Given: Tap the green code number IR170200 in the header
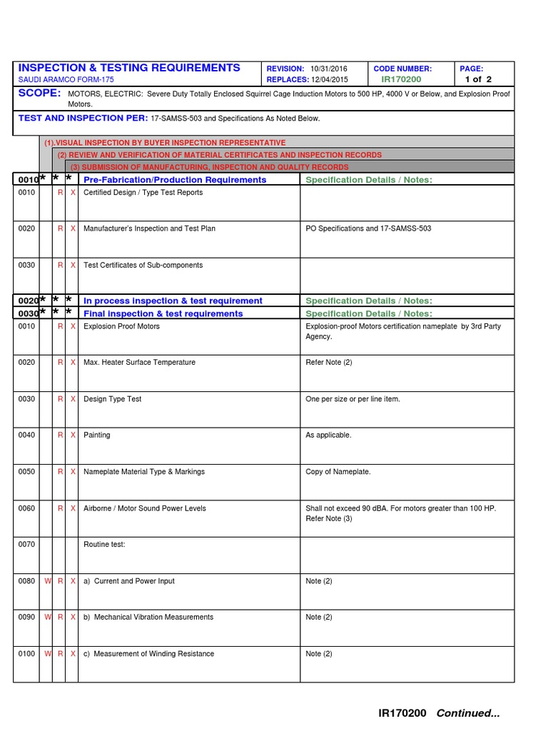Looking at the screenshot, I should (401, 80).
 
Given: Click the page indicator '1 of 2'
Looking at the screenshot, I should (477, 80).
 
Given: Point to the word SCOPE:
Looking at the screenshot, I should (39, 94).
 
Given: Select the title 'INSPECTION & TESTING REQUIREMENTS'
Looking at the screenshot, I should (129, 68).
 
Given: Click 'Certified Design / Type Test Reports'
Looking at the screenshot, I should (143, 193).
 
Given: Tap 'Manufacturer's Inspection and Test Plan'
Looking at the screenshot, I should (149, 228).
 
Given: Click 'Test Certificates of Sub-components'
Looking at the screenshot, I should (143, 265).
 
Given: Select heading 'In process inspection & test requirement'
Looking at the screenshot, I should (173, 301).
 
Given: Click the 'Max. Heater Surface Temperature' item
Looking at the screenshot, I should (139, 363).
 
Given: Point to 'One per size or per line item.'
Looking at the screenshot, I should (352, 399).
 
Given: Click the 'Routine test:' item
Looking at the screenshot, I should (104, 545).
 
